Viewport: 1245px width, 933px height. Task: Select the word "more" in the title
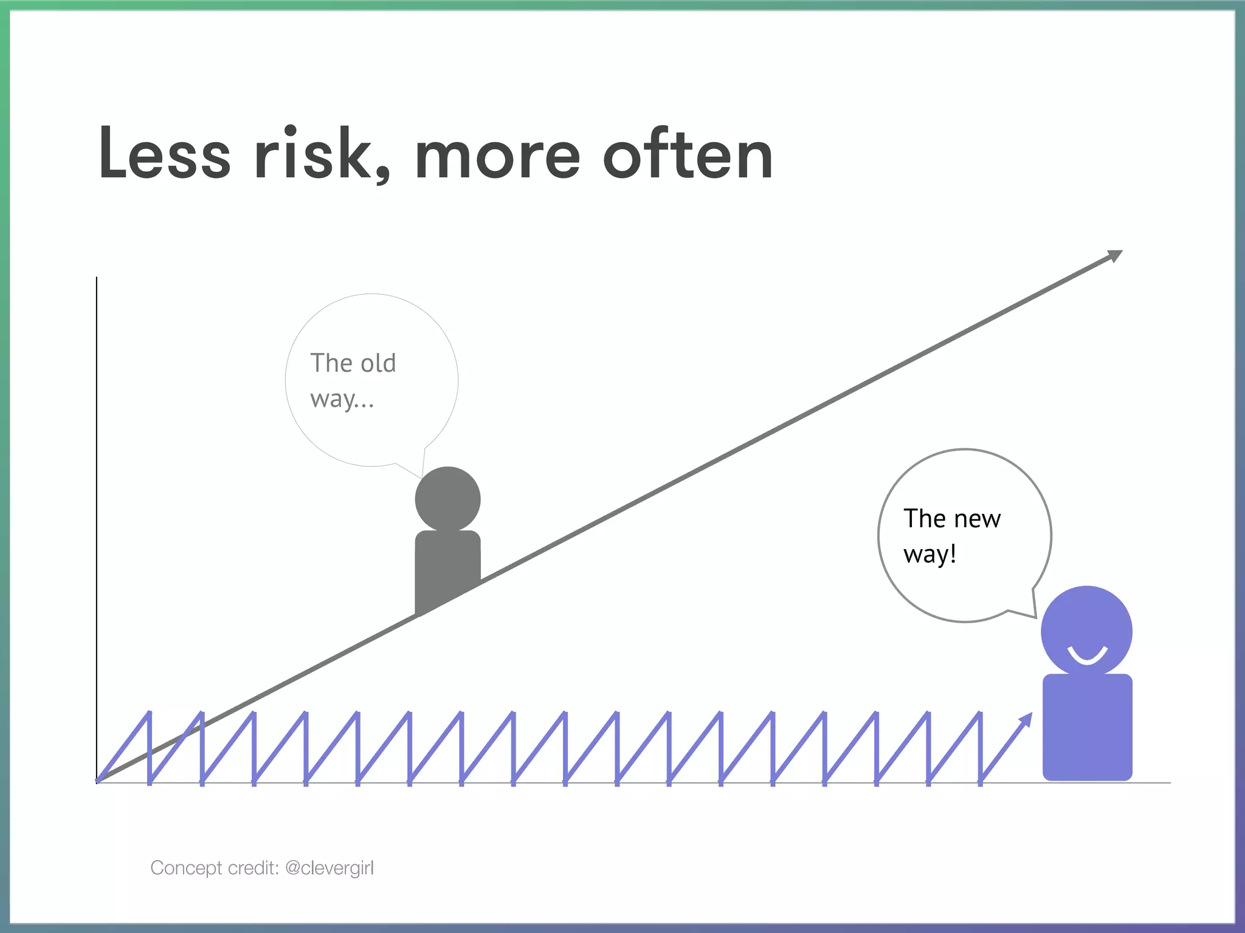[x=497, y=156]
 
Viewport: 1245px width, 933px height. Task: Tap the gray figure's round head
[x=447, y=499]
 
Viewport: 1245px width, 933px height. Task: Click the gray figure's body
[x=447, y=568]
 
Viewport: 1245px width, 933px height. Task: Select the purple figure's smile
[x=1087, y=656]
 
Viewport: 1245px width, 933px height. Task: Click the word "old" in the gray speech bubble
[x=378, y=363]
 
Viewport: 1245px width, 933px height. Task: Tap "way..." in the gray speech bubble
[x=342, y=399]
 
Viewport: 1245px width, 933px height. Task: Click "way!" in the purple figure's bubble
[x=929, y=554]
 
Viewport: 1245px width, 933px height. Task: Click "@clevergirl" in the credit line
[x=329, y=868]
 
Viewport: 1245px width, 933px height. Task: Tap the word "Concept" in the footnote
[x=186, y=868]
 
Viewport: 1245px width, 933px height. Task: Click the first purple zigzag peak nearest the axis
[x=149, y=713]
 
